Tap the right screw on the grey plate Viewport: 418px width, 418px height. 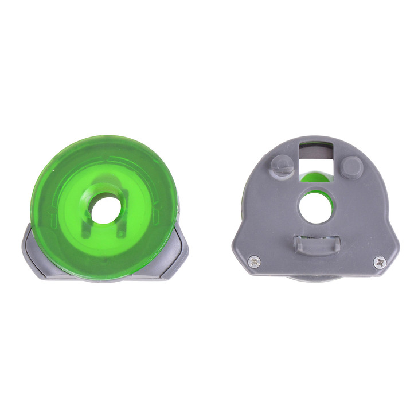point(379,261)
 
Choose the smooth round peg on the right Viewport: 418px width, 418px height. point(350,167)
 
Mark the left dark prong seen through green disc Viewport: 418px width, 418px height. point(86,226)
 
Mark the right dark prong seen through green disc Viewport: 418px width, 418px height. point(121,226)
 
